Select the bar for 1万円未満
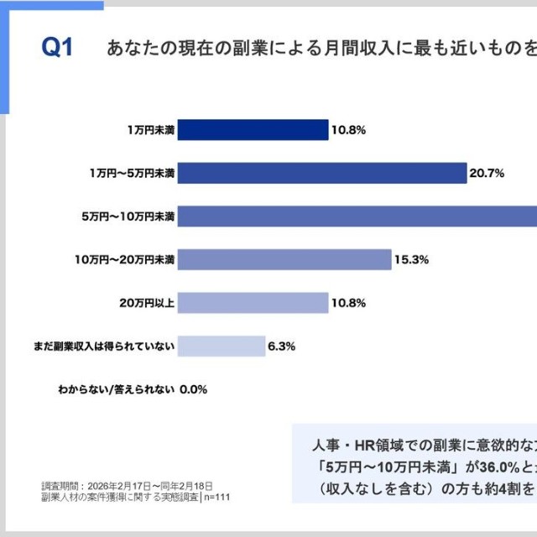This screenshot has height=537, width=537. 253,130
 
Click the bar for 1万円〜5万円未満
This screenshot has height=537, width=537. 322,173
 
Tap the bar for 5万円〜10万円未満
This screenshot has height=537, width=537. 357,216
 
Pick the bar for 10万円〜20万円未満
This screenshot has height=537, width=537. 284,259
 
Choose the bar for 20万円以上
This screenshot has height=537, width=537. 253,303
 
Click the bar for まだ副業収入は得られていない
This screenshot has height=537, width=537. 222,346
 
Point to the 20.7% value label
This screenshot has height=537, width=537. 487,174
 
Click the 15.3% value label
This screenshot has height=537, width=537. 412,260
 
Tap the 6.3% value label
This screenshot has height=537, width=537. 281,347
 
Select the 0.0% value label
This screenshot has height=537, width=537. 193,389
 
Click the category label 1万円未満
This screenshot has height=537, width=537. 151,130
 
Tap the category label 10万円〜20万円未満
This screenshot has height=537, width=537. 125,260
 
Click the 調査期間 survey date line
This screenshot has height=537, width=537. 127,486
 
